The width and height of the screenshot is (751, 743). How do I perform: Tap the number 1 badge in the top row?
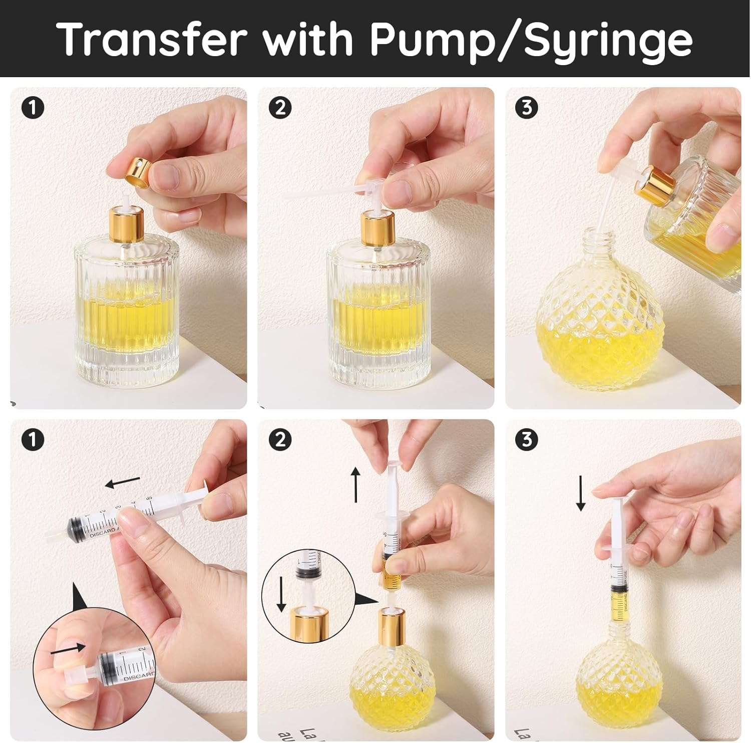33,108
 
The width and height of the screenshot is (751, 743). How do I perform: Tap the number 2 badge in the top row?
280,108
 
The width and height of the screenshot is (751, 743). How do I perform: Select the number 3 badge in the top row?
527,108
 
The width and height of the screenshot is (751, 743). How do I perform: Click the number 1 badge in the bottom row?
33,440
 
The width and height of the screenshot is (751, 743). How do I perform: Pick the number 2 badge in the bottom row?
280,440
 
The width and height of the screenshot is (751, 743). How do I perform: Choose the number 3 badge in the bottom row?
527,440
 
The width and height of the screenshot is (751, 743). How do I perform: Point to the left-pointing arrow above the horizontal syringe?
122,482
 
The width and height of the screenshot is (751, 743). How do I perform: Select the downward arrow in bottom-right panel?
581,493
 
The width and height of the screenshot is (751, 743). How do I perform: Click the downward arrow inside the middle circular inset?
281,594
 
